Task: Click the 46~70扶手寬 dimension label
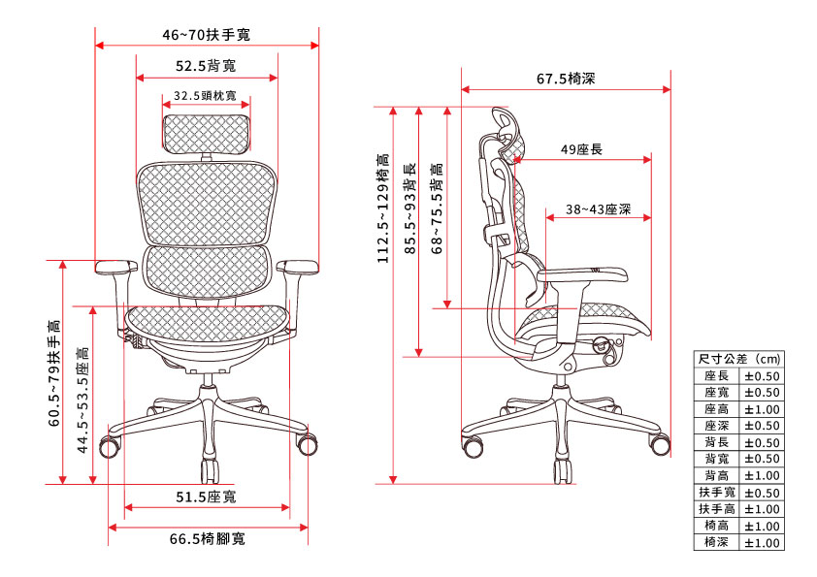206,35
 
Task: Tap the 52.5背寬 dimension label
206,67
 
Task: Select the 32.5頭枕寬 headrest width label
205,96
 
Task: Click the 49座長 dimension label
582,149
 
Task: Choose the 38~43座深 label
599,208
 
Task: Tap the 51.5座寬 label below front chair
206,497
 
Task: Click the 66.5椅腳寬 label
207,538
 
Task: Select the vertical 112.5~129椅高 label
383,208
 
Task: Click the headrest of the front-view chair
206,133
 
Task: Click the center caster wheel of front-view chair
209,471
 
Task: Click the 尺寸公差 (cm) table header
739,359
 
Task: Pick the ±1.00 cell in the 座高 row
762,409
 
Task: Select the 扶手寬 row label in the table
717,493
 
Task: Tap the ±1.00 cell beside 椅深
762,543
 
